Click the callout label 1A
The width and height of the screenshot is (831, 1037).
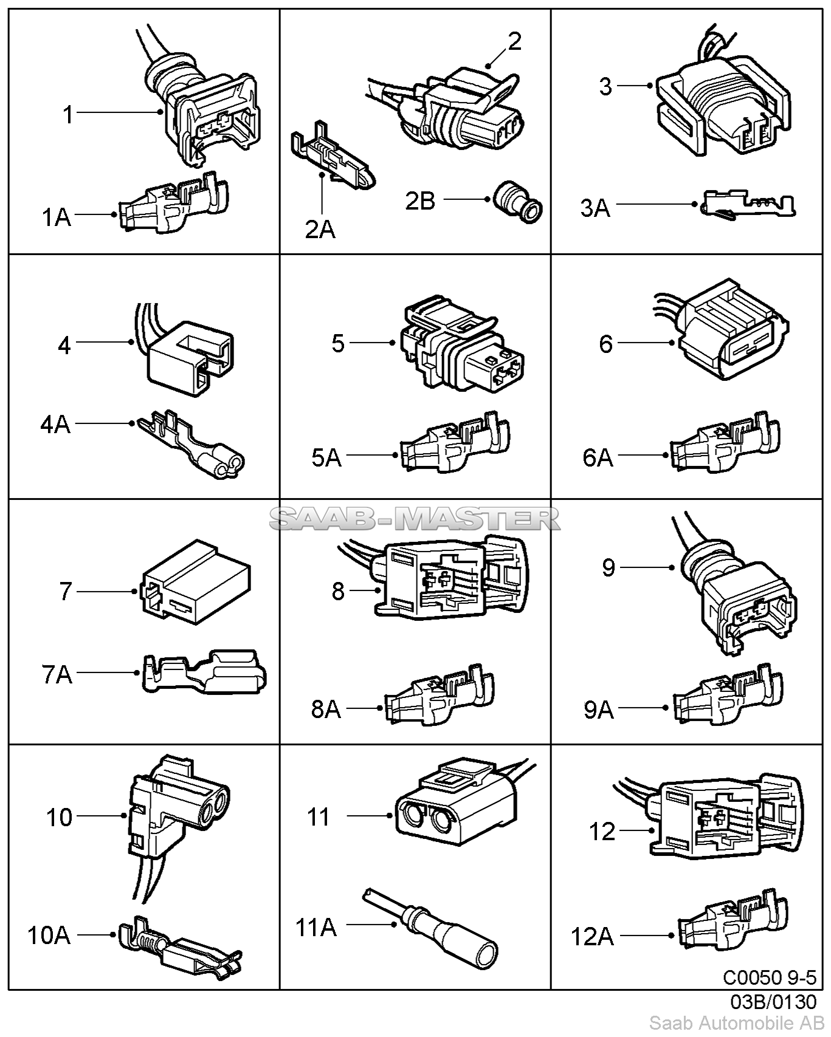click(57, 217)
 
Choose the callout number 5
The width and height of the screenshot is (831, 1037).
click(338, 343)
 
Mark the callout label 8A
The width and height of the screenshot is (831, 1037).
click(326, 708)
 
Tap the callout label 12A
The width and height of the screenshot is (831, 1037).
click(592, 936)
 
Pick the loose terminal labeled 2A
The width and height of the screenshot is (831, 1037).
click(331, 161)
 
